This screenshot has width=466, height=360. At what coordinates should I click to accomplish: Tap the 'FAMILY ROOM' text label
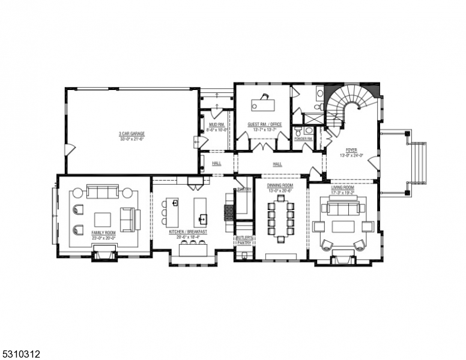click(104, 232)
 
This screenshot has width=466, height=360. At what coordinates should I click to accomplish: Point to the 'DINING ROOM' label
click(280, 185)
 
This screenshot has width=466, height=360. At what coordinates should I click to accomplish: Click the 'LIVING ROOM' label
click(343, 188)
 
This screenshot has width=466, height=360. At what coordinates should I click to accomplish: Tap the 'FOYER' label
click(351, 150)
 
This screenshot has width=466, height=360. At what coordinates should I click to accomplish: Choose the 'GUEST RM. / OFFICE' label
click(264, 125)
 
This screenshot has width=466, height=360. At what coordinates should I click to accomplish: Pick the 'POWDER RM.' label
click(303, 139)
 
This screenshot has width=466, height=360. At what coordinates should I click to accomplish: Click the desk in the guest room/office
click(262, 104)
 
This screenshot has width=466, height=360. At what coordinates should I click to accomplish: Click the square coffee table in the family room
click(103, 219)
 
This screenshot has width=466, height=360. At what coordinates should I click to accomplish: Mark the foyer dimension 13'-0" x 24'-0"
click(351, 155)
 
